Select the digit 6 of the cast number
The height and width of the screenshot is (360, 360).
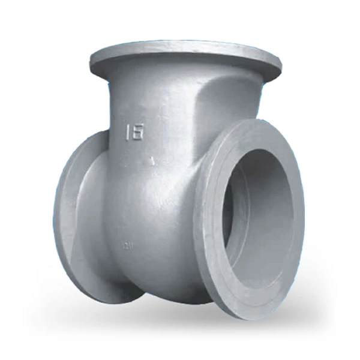pyautogui.click(x=138, y=131)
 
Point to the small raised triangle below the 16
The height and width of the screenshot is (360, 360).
pyautogui.click(x=153, y=160)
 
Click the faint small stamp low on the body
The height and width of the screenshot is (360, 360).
pyautogui.click(x=127, y=245)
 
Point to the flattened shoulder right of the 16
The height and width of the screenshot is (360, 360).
pyautogui.click(x=198, y=108)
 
